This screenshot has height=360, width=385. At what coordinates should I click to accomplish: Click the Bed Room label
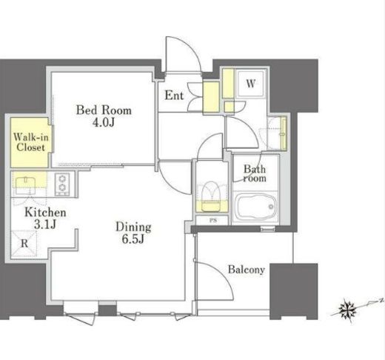pos(104,110)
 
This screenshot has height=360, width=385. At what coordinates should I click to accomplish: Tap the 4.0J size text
pos(104,122)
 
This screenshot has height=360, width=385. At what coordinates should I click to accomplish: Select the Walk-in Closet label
pos(30,142)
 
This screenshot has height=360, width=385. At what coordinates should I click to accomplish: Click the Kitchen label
pos(45,213)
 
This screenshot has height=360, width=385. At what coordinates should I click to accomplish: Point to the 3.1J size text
pos(45,224)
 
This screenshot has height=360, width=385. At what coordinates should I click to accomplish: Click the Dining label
pos(133,227)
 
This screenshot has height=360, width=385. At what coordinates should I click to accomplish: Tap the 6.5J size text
pos(133,239)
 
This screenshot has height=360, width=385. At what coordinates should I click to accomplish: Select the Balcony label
pos(247,270)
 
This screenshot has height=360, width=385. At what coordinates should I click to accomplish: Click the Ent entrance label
pos(174,96)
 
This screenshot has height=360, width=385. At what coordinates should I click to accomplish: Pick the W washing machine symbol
pos(251,84)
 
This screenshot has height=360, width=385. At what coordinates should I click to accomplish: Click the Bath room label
pos(255,173)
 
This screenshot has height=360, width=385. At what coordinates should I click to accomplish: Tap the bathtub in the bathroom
pos(256,207)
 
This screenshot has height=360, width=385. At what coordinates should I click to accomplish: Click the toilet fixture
pos(212,196)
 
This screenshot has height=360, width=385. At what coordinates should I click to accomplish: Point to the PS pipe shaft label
pos(213,220)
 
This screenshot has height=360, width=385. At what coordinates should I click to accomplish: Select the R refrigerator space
pos(24,244)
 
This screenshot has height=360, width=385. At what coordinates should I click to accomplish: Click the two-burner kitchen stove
pos(62,184)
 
